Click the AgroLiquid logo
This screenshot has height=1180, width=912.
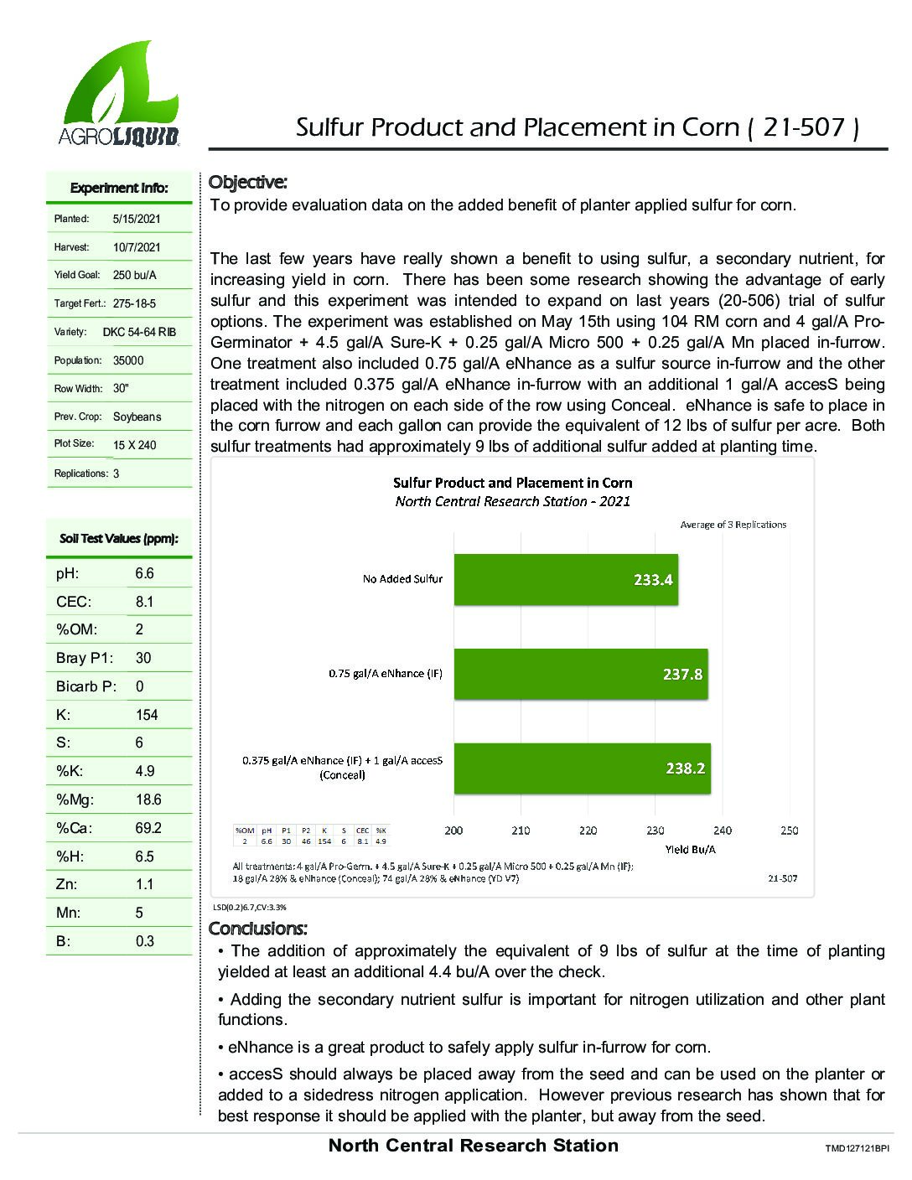118,95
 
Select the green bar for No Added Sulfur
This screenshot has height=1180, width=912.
566,579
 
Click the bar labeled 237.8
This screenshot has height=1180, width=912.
581,674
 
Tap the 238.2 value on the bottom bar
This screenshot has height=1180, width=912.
685,769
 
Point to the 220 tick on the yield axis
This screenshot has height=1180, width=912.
588,831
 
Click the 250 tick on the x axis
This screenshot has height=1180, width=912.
789,831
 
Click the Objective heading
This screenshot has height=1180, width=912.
247,182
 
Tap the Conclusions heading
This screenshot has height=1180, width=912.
257,929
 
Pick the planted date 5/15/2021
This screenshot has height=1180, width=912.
137,219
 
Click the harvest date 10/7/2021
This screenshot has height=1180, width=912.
137,247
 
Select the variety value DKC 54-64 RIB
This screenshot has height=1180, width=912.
139,332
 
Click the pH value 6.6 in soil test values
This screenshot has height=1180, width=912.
144,573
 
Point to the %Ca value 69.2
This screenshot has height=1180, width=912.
148,828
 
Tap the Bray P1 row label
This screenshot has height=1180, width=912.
84,658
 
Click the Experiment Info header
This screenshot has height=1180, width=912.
119,188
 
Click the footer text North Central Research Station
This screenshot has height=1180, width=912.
474,1146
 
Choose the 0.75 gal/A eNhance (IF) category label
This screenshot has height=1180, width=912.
386,674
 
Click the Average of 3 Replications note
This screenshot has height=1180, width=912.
733,525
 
